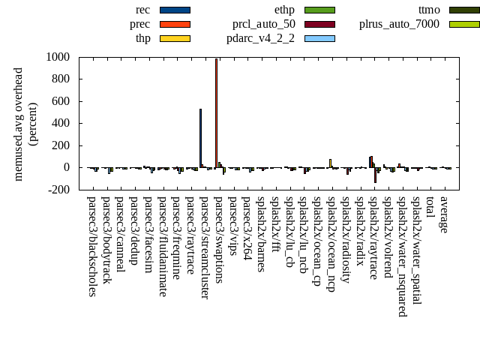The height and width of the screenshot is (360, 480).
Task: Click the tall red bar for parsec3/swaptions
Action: [216, 112]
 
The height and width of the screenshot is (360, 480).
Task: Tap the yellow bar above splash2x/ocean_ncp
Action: [330, 163]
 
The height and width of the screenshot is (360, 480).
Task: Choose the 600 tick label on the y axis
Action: [60, 101]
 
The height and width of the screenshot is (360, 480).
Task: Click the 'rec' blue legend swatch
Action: [175, 10]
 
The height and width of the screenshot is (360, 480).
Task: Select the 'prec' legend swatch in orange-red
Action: [175, 24]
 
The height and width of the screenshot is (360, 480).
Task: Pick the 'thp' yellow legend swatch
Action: [175, 38]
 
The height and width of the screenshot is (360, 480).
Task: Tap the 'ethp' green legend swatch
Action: [319, 10]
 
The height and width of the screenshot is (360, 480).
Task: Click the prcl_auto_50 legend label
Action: [263, 24]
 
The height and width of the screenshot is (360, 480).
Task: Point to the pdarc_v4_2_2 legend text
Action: [260, 38]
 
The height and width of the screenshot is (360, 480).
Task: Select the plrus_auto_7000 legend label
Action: [399, 24]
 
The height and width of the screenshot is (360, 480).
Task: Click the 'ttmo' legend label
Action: [428, 10]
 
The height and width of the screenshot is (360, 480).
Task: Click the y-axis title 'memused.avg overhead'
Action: [19, 124]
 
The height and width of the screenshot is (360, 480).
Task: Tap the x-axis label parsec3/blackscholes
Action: [91, 246]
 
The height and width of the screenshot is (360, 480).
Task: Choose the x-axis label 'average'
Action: [444, 215]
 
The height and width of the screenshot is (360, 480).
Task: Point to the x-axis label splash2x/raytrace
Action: [373, 238]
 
